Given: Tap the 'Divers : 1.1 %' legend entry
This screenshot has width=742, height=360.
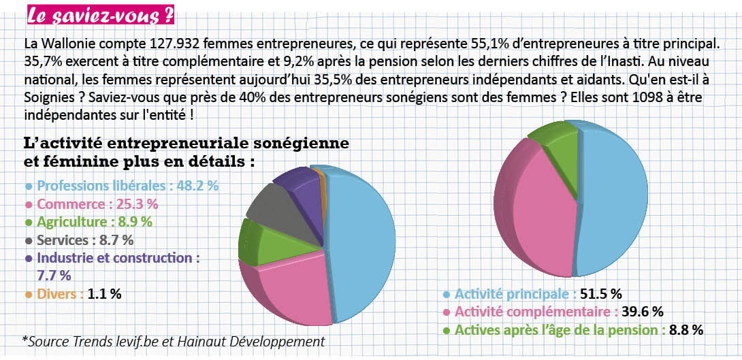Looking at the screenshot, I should tap(73, 295).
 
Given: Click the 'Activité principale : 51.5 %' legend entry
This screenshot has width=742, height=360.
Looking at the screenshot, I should tap(532, 294).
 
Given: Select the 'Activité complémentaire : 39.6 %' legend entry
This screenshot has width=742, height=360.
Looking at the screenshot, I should tap(553, 312).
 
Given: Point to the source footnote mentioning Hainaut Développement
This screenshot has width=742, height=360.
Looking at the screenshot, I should tap(174, 340).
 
